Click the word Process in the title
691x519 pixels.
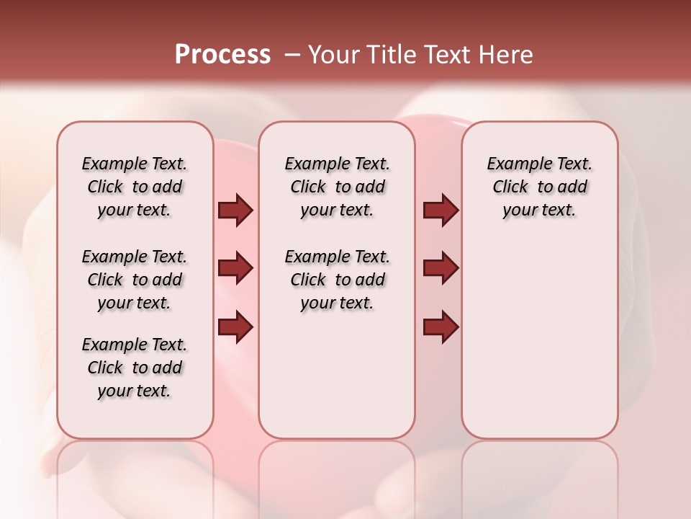tap(222, 55)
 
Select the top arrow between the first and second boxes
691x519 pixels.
tap(235, 210)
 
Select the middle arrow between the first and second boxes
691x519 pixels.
tap(235, 269)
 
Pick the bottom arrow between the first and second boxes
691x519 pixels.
tap(235, 327)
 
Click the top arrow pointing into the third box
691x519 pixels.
tap(441, 210)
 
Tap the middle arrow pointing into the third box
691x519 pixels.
tap(441, 269)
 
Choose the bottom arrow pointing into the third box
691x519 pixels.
tap(441, 327)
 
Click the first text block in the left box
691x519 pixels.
tap(135, 187)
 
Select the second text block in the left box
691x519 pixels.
tap(135, 280)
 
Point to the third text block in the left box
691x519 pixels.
tap(135, 368)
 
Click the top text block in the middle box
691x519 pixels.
tap(337, 187)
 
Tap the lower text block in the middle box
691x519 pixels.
tap(337, 280)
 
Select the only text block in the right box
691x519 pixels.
tap(539, 187)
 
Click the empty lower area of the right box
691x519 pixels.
tap(539, 339)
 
